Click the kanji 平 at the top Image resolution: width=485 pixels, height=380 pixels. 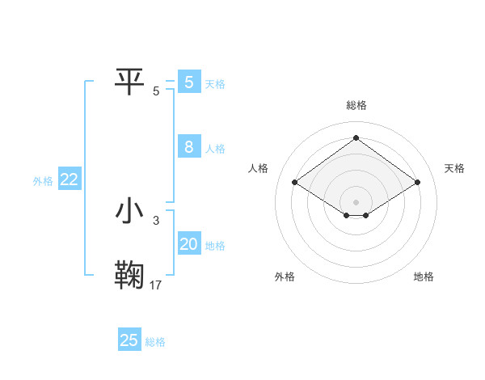point(131,80)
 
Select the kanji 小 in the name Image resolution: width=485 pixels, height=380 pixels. point(131,211)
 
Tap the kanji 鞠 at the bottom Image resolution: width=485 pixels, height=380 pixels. point(131,275)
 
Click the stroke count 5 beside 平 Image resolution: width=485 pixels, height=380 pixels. point(156,91)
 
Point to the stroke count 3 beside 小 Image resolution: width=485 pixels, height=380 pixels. point(156,220)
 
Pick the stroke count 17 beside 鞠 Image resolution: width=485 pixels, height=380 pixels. point(156,285)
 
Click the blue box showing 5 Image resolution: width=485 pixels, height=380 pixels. point(188,82)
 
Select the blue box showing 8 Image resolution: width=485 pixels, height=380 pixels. point(188,147)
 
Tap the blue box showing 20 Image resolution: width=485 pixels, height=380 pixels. point(188,244)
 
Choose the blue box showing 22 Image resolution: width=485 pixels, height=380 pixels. point(69,180)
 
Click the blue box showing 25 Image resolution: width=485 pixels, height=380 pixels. point(129,340)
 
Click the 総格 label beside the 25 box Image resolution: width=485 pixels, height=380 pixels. point(155,342)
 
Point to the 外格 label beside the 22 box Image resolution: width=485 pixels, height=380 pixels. point(43,181)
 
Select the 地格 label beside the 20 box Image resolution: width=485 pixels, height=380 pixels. point(215,246)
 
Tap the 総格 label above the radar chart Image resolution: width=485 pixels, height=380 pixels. point(356,105)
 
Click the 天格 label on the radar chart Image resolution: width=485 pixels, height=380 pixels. point(455,168)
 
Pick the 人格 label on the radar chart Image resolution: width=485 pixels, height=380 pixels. point(258,168)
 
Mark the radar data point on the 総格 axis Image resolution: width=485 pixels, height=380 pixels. point(356,138)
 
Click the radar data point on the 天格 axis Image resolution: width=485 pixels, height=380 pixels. point(417,183)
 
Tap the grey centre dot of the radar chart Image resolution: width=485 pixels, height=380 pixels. point(356,201)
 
